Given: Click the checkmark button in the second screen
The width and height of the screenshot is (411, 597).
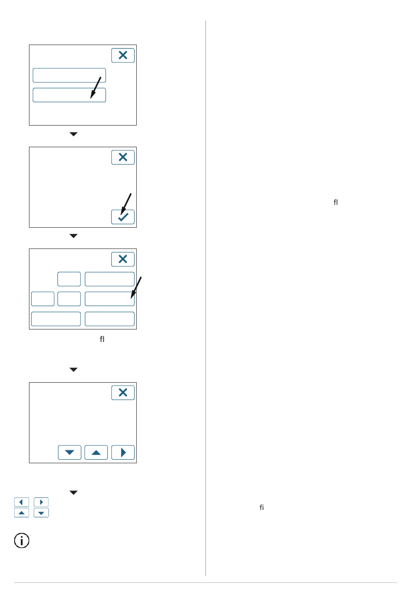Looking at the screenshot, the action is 123,217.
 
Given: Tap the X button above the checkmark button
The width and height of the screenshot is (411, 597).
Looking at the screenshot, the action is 123,157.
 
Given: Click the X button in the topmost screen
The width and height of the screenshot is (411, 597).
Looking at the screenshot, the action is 123,55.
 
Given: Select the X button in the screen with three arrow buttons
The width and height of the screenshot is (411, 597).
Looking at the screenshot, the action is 123,393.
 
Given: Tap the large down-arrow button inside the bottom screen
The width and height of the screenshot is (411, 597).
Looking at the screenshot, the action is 70,452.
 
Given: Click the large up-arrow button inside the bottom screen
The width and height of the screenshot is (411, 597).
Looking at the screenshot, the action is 96,452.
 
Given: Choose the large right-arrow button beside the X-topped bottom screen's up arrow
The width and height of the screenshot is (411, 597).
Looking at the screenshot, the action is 123,452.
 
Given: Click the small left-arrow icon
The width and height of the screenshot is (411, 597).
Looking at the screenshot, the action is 22,502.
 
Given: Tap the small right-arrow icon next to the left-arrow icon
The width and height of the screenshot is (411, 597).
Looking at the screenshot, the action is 41,502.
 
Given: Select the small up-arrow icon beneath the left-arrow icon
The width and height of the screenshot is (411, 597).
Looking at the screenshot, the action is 22,513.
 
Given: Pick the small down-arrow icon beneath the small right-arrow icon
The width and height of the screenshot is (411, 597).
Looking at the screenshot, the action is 41,513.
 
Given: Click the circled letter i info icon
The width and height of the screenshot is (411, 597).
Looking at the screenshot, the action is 22,540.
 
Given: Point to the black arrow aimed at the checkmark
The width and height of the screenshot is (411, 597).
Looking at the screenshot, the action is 126,203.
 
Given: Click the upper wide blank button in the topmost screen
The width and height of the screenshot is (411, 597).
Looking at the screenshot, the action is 69,75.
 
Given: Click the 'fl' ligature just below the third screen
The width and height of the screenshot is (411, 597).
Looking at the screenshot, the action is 102,339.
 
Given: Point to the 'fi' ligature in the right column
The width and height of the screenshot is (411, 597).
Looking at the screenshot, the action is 262,507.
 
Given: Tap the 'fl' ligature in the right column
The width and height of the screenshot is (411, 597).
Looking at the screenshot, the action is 336,202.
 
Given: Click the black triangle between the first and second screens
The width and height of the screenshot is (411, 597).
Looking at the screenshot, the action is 74,134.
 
